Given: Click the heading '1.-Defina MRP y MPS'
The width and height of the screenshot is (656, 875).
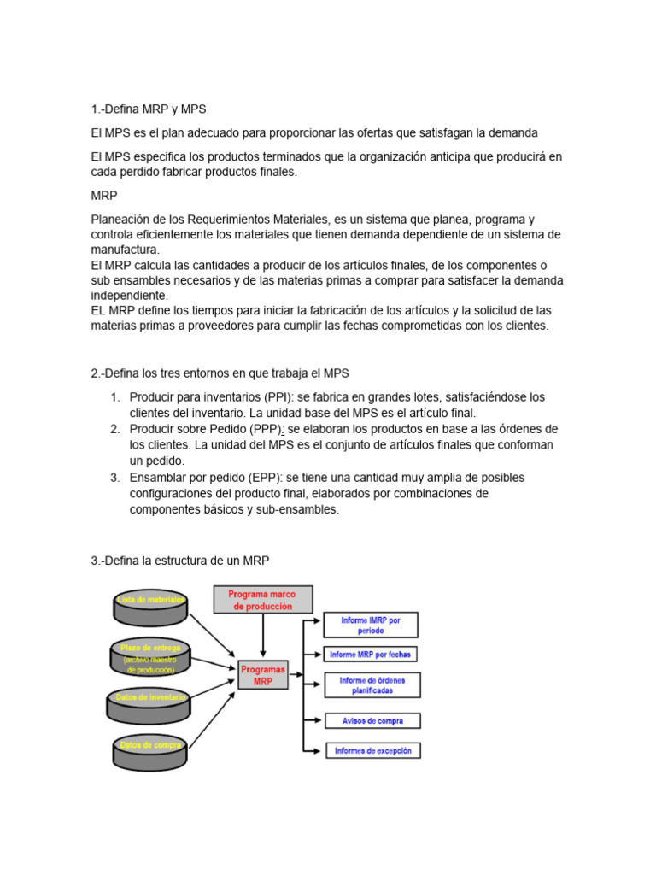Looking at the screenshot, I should [149, 109].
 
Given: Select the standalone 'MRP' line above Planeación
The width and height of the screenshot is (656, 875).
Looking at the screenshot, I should [104, 196].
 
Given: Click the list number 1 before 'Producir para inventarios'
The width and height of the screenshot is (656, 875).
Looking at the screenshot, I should [114, 397].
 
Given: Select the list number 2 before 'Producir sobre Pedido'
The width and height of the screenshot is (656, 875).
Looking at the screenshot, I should [114, 429].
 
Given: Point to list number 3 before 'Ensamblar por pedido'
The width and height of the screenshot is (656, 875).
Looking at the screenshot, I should [114, 477].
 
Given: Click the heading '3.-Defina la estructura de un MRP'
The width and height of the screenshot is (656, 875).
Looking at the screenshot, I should [180, 561].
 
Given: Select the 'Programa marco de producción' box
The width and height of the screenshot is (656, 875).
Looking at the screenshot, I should [262, 600].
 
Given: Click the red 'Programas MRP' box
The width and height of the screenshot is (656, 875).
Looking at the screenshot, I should [263, 675].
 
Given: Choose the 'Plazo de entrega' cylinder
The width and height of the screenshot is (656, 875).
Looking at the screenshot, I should [150, 656].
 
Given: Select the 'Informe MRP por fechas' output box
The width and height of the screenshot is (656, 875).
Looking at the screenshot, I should [371, 655].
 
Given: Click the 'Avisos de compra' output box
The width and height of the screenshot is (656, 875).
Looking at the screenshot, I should [372, 720].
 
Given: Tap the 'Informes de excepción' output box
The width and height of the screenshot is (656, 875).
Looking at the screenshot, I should [372, 751].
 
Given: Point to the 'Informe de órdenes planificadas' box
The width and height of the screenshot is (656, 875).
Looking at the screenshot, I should [372, 685].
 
